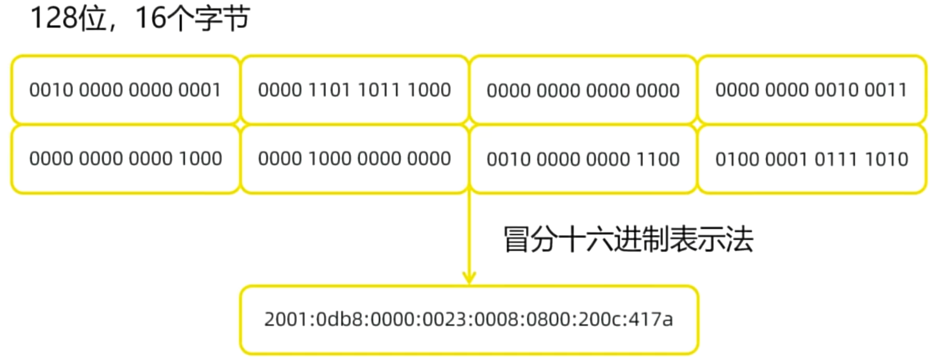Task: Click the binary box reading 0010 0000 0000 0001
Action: pos(125,90)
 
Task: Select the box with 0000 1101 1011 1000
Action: pos(354,90)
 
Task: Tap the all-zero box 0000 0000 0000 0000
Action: pos(583,90)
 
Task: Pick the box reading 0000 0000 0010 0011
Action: pos(811,90)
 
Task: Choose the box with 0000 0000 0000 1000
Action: pos(125,158)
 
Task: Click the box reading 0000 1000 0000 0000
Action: pos(354,158)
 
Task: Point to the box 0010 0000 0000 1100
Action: pos(583,159)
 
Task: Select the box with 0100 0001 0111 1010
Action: pos(811,159)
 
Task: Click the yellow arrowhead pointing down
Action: pos(469,277)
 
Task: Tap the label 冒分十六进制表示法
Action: pos(628,239)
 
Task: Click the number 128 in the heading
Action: pos(53,18)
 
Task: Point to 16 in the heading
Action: pos(151,18)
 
